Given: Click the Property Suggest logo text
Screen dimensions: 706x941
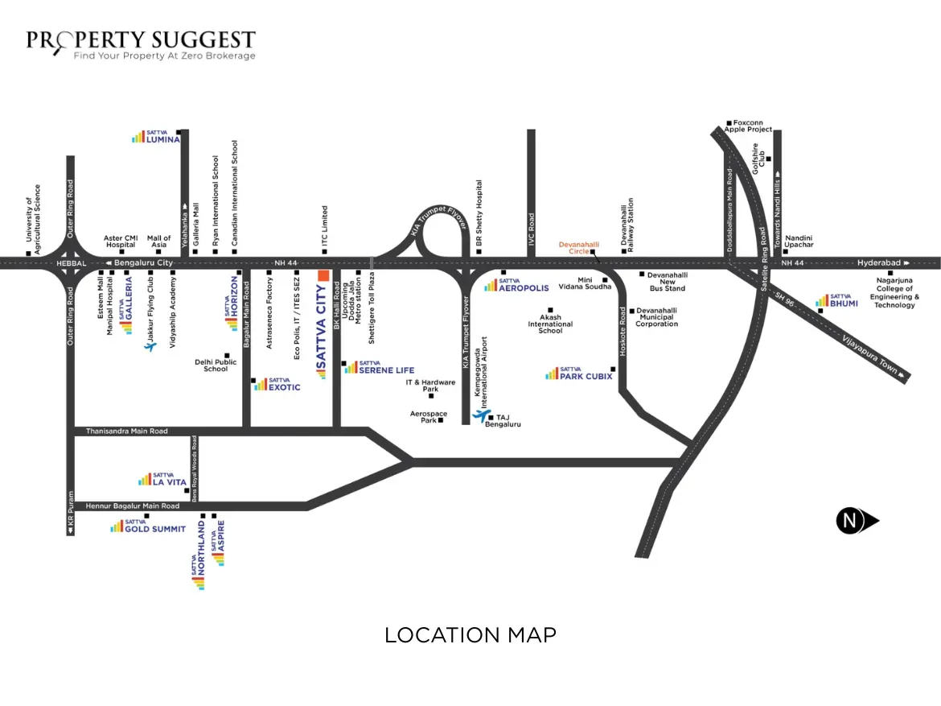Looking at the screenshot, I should tap(141, 40).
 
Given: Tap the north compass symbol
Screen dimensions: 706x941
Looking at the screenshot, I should tap(851, 521).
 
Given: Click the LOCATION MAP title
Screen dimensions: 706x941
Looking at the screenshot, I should tap(470, 635).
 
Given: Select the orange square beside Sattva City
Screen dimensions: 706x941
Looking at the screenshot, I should tap(324, 275).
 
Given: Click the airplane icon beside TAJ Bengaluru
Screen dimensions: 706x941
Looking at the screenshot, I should tap(480, 415).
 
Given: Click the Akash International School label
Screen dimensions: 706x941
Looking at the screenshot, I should tap(550, 324).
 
